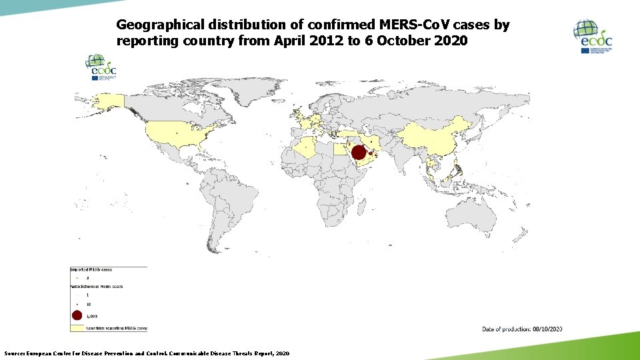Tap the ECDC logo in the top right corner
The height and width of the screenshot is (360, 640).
[x=593, y=37]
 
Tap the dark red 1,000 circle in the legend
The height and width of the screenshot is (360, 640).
[x=77, y=316]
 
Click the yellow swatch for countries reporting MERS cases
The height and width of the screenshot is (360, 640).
[x=77, y=328]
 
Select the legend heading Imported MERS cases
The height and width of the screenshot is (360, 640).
[x=91, y=269]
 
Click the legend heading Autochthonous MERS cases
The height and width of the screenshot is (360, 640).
[x=97, y=286]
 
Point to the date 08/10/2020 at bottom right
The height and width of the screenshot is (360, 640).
[x=547, y=329]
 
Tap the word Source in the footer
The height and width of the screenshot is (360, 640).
[x=14, y=353]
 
